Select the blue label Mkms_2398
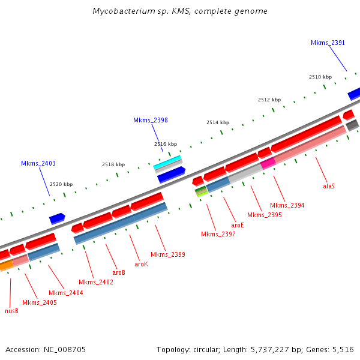coord(150,120)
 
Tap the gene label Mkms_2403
coord(38,163)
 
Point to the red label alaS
coord(329,186)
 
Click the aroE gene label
coord(238,225)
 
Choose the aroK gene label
coord(141,263)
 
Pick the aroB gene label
coord(119,272)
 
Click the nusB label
coord(11,311)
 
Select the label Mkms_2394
coord(287,205)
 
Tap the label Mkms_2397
coord(218,234)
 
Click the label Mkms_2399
coord(167,254)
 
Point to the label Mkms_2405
coord(40,302)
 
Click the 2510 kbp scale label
coord(320,77)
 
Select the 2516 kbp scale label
coord(166,144)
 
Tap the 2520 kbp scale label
coord(61,184)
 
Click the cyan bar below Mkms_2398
coord(167,163)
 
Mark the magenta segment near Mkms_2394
coord(268,162)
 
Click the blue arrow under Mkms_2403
coord(57,218)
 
